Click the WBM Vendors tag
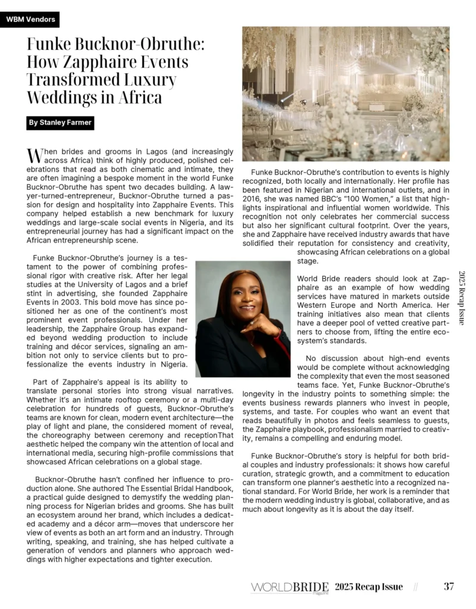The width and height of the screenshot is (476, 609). click(30, 20)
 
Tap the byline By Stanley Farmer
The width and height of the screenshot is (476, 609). click(61, 123)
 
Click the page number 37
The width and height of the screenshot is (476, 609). click(449, 586)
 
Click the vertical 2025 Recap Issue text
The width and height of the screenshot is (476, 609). click(462, 297)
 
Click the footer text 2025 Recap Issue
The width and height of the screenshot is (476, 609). click(368, 587)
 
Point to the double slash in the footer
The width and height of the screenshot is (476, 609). click(415, 587)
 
